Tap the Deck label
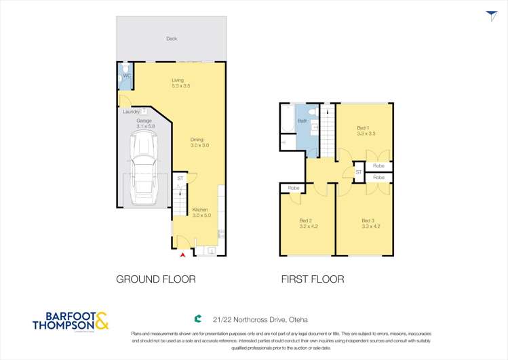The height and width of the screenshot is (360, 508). pos(172,39)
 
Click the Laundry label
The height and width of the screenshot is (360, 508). pos(132,111)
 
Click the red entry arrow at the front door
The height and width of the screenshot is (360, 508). pos(182,255)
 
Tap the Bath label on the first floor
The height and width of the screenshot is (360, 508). pos(302,121)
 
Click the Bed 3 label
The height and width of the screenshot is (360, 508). pos(368,224)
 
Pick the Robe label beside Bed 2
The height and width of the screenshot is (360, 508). pos(294,188)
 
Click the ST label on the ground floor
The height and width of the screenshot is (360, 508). pos(180,178)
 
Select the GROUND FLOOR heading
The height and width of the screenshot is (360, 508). pos(156,279)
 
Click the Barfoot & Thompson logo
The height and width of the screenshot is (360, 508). pos(71,321)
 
